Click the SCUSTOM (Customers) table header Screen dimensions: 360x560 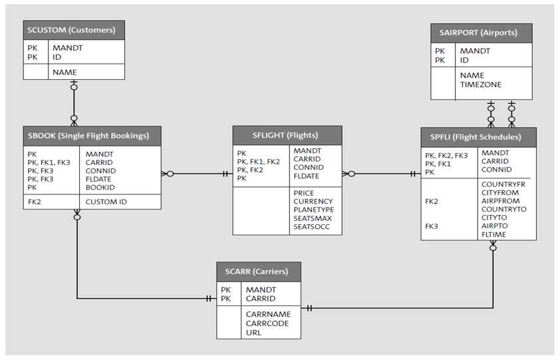(x=73, y=30)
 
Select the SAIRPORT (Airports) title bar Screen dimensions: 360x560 (x=482, y=33)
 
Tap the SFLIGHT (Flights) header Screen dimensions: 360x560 (x=287, y=136)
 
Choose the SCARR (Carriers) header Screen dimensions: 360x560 (x=258, y=272)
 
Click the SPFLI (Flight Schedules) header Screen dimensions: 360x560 (x=478, y=138)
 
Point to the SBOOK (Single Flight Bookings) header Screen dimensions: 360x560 (x=91, y=136)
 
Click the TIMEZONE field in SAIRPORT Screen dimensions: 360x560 (x=480, y=85)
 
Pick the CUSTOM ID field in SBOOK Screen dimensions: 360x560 (x=106, y=202)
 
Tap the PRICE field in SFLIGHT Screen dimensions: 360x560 (x=304, y=193)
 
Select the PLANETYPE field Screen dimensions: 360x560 (x=313, y=210)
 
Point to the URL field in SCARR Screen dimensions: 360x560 (x=253, y=332)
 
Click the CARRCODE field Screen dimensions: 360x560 (x=267, y=323)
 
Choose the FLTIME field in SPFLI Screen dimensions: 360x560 (x=493, y=234)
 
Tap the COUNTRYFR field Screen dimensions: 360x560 (x=503, y=184)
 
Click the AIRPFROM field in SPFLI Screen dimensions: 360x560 (x=500, y=201)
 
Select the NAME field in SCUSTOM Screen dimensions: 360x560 (x=65, y=72)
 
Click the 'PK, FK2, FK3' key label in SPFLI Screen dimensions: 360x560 (x=446, y=156)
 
